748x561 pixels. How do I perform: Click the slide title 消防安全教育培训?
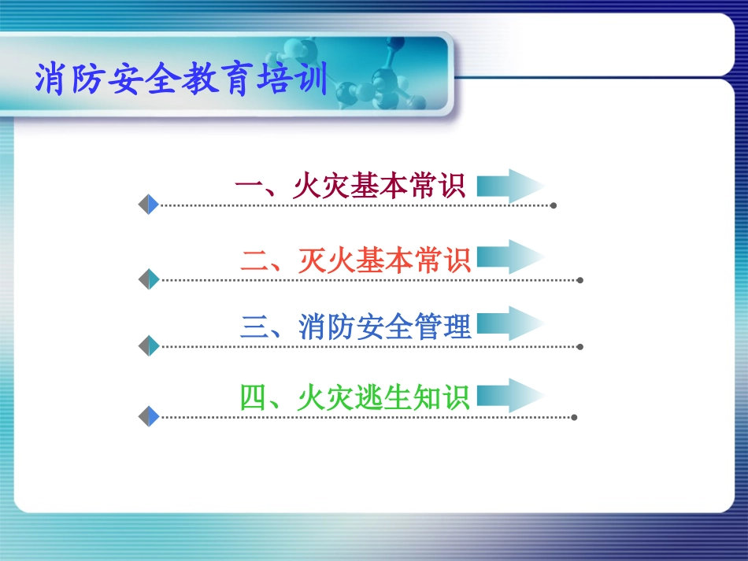tap(181, 80)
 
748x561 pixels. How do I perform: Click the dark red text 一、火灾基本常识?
tap(350, 186)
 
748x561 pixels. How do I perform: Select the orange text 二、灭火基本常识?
tap(355, 260)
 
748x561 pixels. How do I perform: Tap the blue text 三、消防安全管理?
tap(355, 327)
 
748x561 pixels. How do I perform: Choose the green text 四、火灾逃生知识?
tap(354, 397)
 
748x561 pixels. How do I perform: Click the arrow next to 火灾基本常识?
tap(510, 186)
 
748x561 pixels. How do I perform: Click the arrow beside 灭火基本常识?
tap(510, 257)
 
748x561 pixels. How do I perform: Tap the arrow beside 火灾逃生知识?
tap(510, 396)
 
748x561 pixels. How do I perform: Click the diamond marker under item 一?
tap(149, 205)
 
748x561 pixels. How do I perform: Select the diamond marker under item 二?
tap(149, 279)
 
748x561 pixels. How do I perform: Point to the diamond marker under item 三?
tap(149, 345)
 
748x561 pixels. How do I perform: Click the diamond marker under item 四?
tap(149, 416)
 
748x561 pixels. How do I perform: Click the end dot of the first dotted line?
tap(554, 205)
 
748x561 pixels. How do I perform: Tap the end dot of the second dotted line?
tap(580, 279)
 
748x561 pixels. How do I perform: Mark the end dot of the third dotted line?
tap(580, 346)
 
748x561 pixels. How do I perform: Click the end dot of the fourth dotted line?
tap(574, 417)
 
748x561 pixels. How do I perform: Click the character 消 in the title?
tap(50, 80)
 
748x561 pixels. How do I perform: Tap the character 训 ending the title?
tap(313, 80)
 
